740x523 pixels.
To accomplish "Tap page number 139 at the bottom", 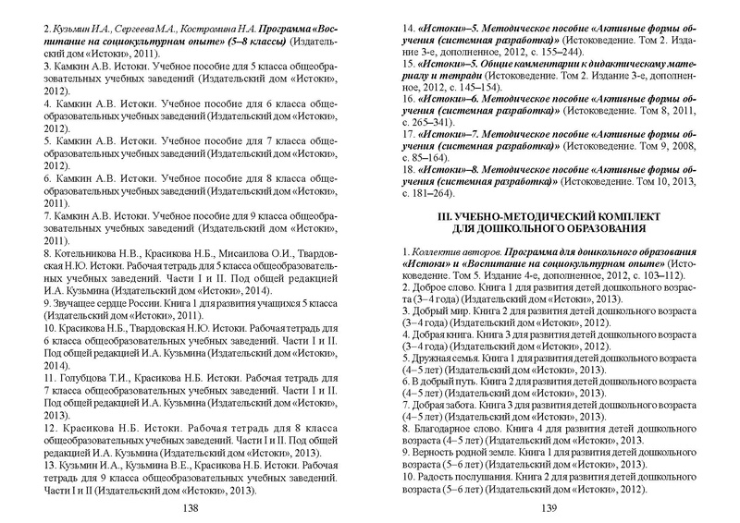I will click(x=549, y=507).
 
